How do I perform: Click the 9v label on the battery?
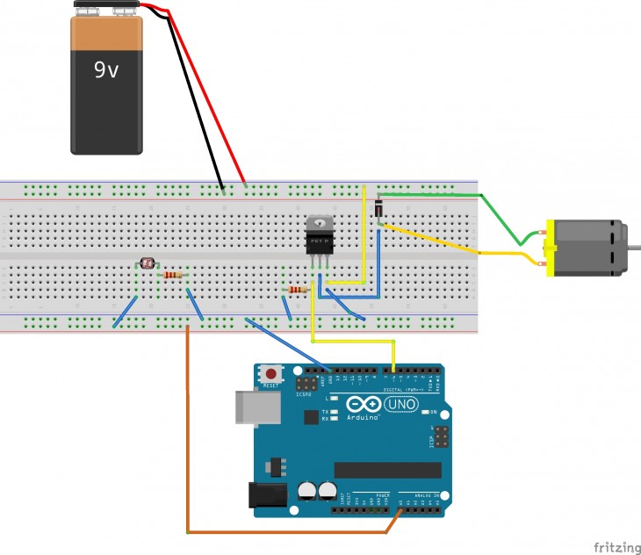106,69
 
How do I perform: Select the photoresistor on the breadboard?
146,262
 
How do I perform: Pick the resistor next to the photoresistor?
173,276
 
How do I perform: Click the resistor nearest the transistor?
297,290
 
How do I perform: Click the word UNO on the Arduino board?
403,404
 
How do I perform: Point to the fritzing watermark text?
616,547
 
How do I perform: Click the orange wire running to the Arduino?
188,439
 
